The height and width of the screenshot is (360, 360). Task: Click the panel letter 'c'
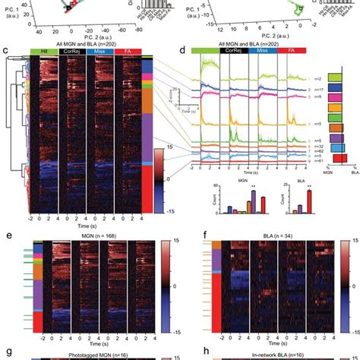click(6, 52)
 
